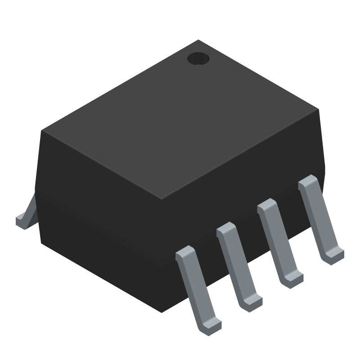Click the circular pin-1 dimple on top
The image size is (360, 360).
tap(198, 58)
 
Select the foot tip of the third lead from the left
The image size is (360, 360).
tap(293, 279)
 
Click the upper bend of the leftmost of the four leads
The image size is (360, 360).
tap(184, 253)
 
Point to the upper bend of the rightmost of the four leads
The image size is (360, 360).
tap(308, 181)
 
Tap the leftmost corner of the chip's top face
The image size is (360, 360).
tap(42, 131)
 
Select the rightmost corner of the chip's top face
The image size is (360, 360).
tap(318, 109)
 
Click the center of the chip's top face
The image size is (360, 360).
tap(180, 119)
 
